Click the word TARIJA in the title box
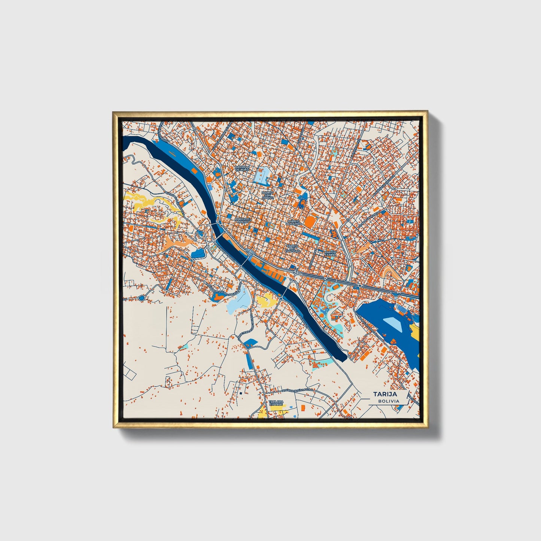pyautogui.click(x=385, y=394)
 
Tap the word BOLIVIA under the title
pyautogui.click(x=388, y=401)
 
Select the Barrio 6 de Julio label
pyautogui.click(x=242, y=168)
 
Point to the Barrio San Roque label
pyautogui.click(x=268, y=194)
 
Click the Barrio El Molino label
pyautogui.click(x=242, y=221)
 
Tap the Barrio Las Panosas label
pyautogui.click(x=292, y=248)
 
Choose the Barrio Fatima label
pyautogui.click(x=330, y=253)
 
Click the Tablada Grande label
pyautogui.click(x=276, y=403)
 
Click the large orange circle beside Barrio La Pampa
pyautogui.click(x=310, y=221)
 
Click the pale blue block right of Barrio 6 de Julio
pyautogui.click(x=264, y=174)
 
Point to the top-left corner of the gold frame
pyautogui.click(x=114, y=113)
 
